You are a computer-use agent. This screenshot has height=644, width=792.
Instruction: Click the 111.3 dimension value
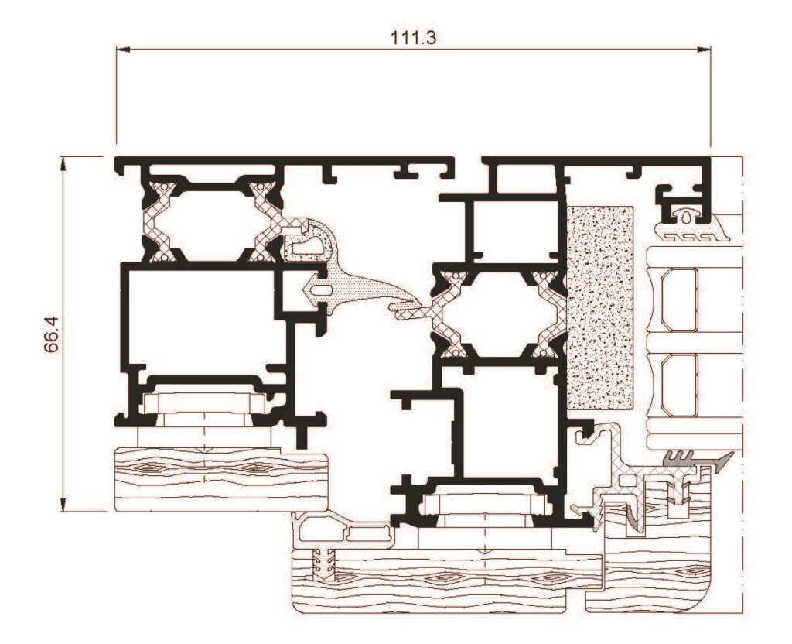point(413,37)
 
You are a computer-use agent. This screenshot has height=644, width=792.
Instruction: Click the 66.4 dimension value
point(52,334)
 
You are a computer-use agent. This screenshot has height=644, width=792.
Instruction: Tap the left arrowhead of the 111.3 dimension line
point(123,50)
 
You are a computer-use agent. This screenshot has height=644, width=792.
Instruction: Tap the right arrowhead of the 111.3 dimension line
point(704,50)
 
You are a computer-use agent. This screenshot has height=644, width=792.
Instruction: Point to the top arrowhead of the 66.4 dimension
point(63,163)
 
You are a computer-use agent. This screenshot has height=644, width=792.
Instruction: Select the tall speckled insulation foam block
point(600,307)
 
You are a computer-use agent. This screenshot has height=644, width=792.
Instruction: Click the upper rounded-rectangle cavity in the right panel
point(679,300)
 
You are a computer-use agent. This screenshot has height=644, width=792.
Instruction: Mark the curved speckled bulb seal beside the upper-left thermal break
point(308,240)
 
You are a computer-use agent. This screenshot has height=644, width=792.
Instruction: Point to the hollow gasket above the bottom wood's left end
point(343,531)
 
